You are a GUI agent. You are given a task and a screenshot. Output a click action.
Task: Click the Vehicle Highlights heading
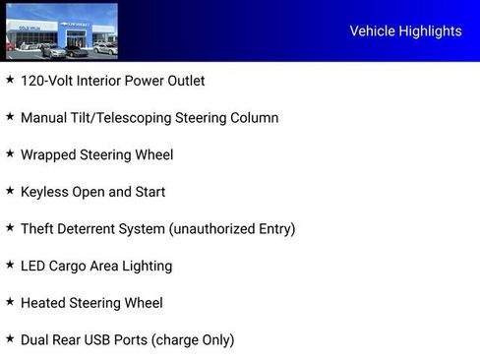[405, 31]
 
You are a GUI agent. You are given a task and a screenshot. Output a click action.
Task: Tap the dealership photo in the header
[61, 30]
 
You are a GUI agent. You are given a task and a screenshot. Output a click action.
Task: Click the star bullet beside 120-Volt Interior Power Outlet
[10, 80]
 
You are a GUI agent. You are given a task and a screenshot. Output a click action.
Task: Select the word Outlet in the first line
[183, 81]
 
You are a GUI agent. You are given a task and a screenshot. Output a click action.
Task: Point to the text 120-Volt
[46, 81]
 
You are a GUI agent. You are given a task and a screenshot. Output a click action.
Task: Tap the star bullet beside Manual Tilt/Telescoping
[10, 117]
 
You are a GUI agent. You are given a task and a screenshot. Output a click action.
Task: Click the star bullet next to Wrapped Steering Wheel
[10, 153]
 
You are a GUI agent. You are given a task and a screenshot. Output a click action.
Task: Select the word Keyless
[45, 192]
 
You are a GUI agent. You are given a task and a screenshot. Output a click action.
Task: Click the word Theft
[38, 229]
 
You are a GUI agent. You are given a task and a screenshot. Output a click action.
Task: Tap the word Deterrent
[91, 229]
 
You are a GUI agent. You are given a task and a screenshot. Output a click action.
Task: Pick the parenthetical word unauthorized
[212, 229]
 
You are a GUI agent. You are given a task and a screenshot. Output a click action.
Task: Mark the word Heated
[43, 303]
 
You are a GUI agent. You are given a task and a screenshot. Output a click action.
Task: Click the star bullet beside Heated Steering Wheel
[10, 302]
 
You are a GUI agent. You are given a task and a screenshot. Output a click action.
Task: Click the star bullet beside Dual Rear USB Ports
[10, 338]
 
